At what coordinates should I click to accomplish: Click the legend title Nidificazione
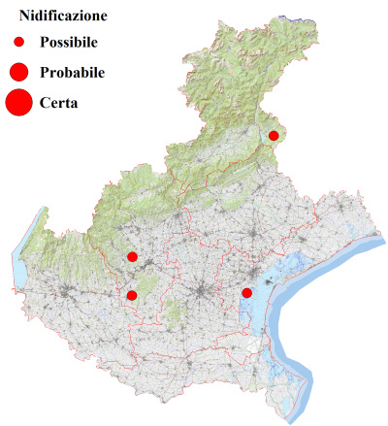(x=63, y=16)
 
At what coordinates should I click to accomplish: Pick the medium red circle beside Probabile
(x=18, y=72)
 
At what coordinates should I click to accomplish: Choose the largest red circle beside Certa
(x=18, y=101)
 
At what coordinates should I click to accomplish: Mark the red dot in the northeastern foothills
(x=274, y=136)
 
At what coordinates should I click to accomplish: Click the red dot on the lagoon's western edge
(x=247, y=293)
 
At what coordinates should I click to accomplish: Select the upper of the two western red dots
(x=132, y=257)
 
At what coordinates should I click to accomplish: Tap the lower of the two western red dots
(x=132, y=295)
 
